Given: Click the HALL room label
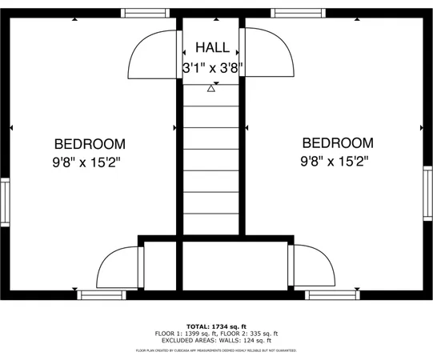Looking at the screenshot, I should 211,48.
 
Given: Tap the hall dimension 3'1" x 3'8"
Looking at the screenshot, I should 212,68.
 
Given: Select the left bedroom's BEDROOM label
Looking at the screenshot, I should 90,144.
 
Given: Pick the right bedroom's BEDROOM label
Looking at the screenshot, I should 337,143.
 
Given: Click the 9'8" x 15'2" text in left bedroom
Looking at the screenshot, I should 90,162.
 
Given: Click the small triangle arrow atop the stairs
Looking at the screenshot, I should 211,88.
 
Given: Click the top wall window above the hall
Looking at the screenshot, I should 211,13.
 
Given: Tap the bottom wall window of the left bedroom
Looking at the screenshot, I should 102,294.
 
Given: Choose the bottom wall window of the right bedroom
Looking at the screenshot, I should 331,294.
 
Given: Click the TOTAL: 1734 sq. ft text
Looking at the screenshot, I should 216,326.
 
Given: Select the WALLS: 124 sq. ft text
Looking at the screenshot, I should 244,341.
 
